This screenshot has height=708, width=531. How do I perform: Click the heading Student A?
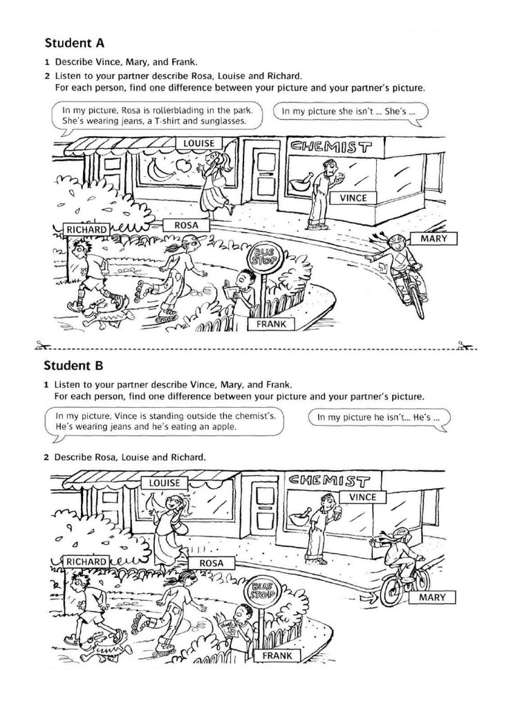click(x=75, y=41)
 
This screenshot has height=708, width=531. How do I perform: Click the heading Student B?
click(x=75, y=364)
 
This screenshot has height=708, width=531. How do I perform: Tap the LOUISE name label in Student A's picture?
click(x=198, y=143)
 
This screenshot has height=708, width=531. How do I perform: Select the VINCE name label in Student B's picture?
click(x=363, y=497)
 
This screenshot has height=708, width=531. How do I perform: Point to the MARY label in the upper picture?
click(x=434, y=239)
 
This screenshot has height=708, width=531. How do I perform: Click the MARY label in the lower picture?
click(x=432, y=597)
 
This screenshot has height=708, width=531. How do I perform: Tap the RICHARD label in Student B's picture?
click(x=86, y=562)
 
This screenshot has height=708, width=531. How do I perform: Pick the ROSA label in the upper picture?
click(x=186, y=225)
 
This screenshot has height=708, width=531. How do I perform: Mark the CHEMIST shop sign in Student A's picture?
click(x=331, y=147)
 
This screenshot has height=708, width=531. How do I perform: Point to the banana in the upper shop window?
click(x=158, y=168)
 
